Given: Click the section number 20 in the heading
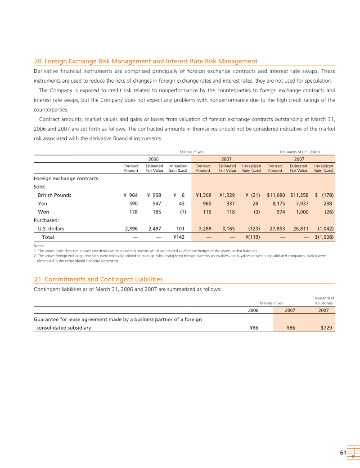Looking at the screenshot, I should coord(38,61).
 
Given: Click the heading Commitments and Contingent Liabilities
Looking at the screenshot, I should coord(104,280).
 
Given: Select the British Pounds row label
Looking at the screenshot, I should coord(54,195).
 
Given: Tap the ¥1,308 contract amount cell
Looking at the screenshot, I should coord(203,195).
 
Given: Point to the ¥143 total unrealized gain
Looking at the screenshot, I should coord(180,237).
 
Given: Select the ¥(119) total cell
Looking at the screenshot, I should coord(252,237).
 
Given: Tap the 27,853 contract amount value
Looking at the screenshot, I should coord(276,228).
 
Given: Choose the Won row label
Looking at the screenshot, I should coord(43,212).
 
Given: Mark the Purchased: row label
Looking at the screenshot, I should coord(46,220).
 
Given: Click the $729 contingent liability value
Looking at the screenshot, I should coord(326,328).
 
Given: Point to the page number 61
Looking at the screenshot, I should coord(342,453).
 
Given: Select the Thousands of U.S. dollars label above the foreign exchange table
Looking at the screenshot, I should coord(299,152).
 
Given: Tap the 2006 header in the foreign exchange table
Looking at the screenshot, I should coord(153,159).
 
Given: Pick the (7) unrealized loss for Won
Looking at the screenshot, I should coord(183,212).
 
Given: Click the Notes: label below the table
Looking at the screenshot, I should coord(39,246).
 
